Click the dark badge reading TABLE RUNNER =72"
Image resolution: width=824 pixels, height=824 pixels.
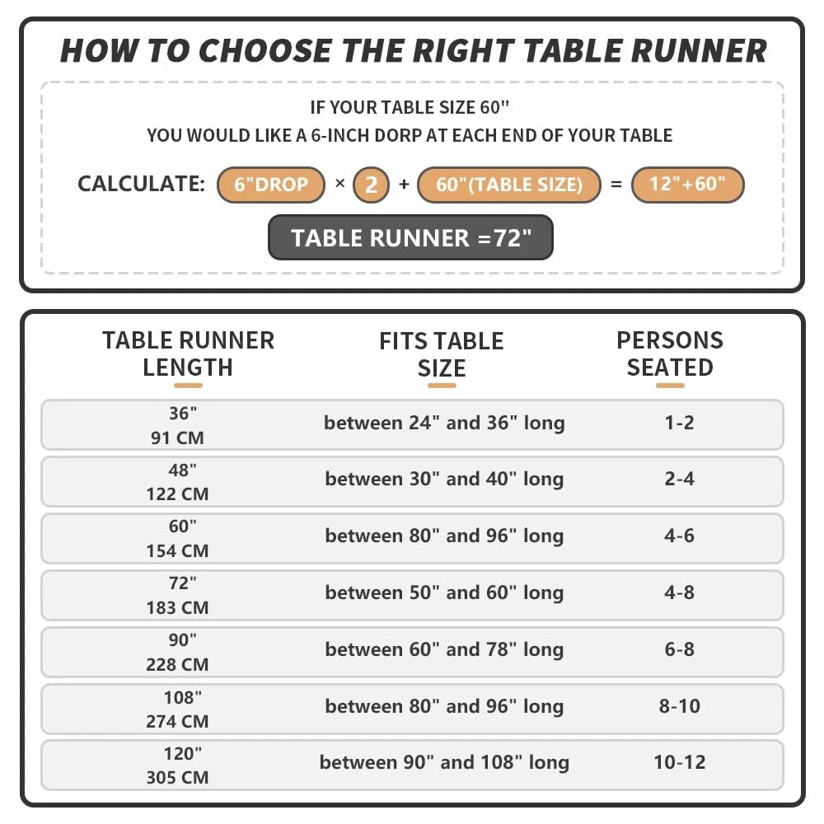[x=410, y=238]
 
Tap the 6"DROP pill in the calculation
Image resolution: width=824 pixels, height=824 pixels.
[x=270, y=185]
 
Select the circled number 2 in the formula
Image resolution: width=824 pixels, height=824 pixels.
[x=371, y=185]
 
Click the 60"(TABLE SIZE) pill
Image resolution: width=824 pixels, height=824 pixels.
[x=508, y=185]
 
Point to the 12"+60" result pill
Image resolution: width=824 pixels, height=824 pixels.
[x=687, y=185]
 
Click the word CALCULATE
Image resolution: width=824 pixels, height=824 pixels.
[x=141, y=185]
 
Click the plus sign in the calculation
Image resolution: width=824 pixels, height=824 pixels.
[x=404, y=185]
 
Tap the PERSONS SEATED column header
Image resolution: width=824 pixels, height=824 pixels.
[x=670, y=353]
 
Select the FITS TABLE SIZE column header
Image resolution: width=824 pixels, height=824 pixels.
[x=442, y=354]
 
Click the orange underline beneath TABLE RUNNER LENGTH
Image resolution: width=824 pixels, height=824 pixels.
[x=188, y=385]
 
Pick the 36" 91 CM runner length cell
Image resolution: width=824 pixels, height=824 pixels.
[x=178, y=425]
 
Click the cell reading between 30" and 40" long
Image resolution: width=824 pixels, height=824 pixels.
[x=444, y=480]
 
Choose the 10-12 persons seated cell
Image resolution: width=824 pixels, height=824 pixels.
[x=680, y=762]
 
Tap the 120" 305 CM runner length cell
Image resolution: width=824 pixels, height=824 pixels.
[x=178, y=765]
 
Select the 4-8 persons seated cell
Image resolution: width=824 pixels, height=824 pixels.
[x=680, y=592]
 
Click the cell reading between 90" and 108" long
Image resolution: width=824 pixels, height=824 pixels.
[x=444, y=763]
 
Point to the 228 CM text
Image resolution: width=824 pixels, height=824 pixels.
[x=178, y=664]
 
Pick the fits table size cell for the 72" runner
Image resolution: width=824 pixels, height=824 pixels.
[x=444, y=593]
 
